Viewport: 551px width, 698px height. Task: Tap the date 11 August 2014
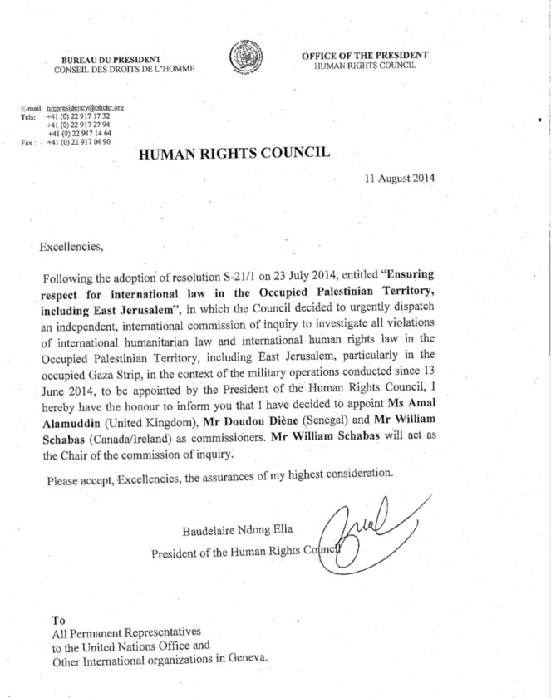(x=399, y=178)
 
